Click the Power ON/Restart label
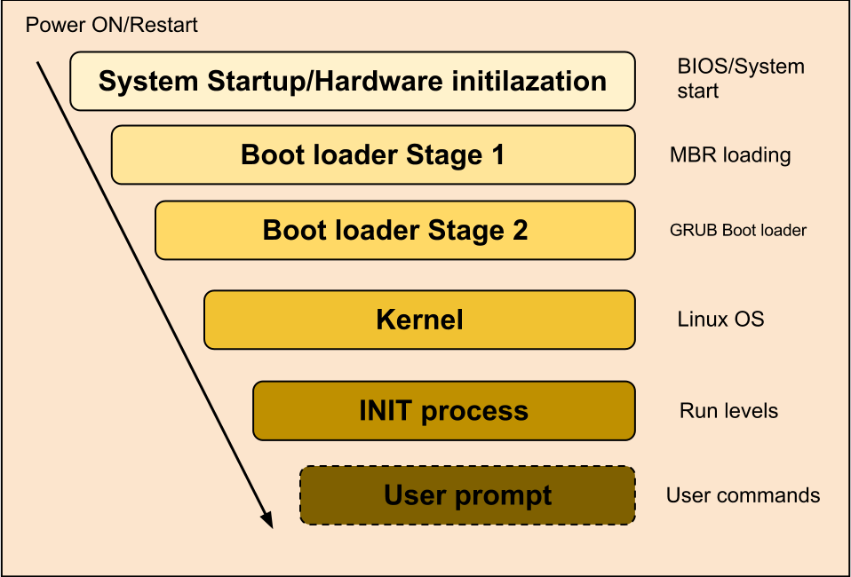tap(111, 25)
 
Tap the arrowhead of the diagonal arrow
tap(266, 520)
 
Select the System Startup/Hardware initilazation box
tap(353, 81)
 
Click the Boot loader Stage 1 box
tap(372, 154)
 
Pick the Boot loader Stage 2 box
tap(394, 231)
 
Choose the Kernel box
tap(419, 320)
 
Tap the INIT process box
tap(443, 411)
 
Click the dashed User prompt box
tap(467, 495)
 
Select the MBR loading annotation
tap(730, 155)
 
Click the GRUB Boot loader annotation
tap(737, 231)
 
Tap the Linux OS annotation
tap(720, 319)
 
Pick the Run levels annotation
tap(728, 411)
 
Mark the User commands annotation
tap(743, 495)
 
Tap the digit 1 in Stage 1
tap(497, 154)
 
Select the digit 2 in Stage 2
tap(519, 231)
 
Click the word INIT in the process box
tap(386, 411)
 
